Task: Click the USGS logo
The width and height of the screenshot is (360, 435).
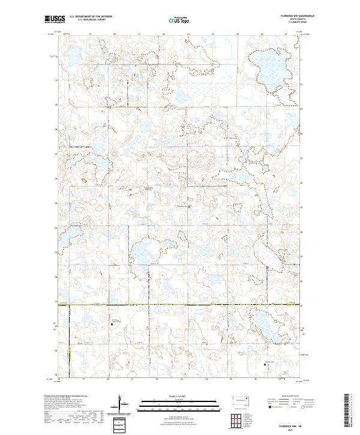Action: click(55, 19)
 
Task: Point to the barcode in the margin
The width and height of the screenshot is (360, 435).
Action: click(347, 414)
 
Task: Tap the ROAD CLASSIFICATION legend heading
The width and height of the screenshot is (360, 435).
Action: click(289, 397)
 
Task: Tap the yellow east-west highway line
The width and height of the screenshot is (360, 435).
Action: click(180, 305)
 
